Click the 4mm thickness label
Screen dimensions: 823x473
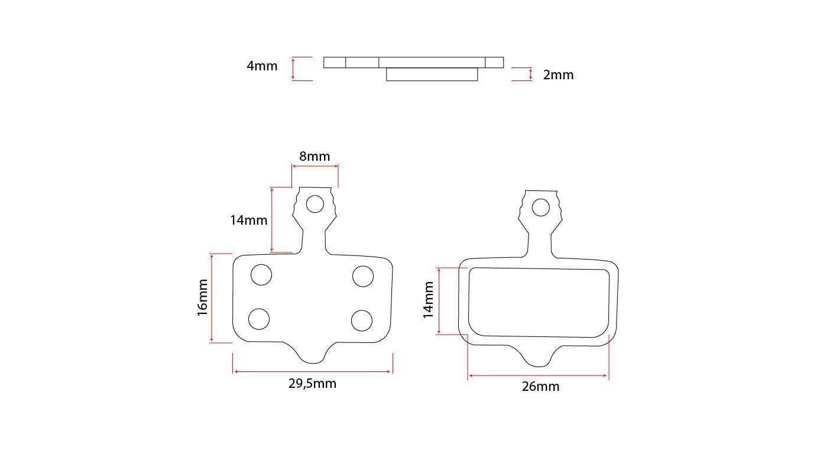pyautogui.click(x=262, y=66)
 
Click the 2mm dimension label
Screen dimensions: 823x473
pyautogui.click(x=558, y=75)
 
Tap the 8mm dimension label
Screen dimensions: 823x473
pyautogui.click(x=315, y=157)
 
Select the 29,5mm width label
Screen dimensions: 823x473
pyautogui.click(x=312, y=384)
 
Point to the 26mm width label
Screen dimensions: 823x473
pyautogui.click(x=540, y=387)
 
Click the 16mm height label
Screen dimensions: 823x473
pyautogui.click(x=202, y=297)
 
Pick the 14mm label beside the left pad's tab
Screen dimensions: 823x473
pyautogui.click(x=249, y=221)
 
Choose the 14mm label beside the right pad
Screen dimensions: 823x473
pyautogui.click(x=428, y=300)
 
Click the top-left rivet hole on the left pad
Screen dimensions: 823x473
pyautogui.click(x=261, y=274)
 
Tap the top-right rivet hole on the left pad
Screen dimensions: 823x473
pyautogui.click(x=363, y=276)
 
